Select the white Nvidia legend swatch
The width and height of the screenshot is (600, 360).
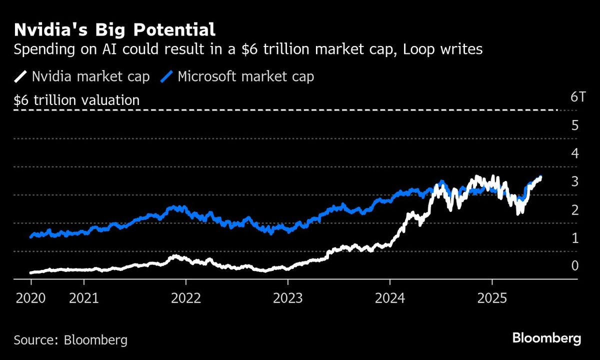coord(20,76)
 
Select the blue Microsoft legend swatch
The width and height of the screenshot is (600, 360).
coord(167,76)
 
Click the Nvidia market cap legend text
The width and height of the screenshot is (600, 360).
coord(90,76)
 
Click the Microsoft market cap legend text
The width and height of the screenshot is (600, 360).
coord(246,76)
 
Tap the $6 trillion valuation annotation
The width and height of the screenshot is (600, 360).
coord(76,100)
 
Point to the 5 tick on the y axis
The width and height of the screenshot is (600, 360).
coord(574,125)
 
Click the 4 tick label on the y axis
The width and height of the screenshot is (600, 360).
coord(574,153)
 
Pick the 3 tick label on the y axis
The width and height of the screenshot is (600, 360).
coord(574,181)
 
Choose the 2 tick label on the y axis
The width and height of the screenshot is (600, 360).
coord(574,209)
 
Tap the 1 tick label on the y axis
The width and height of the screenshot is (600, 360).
coord(574,238)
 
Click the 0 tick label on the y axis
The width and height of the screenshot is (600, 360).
coord(574,266)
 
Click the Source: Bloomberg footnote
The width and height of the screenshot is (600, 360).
coord(70,340)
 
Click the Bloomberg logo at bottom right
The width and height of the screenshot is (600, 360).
coord(546,338)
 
